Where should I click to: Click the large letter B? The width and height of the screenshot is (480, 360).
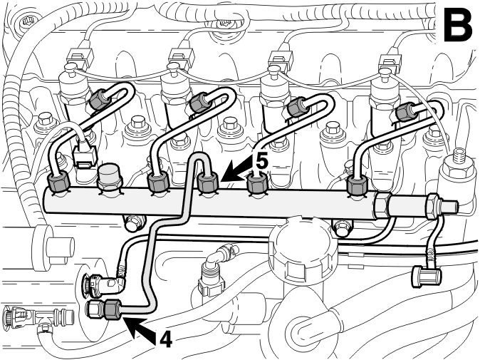coord(457,24)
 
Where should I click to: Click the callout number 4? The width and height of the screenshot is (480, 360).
coord(166,340)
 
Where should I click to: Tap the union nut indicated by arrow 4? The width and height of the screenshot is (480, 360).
coord(112,309)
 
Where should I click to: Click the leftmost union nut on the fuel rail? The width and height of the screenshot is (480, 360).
coord(58,183)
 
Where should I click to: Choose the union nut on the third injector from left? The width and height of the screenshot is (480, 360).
coord(298,107)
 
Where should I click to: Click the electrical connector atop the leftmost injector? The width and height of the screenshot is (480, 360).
coord(80,58)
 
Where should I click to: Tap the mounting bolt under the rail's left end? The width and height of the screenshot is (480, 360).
coord(133,222)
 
